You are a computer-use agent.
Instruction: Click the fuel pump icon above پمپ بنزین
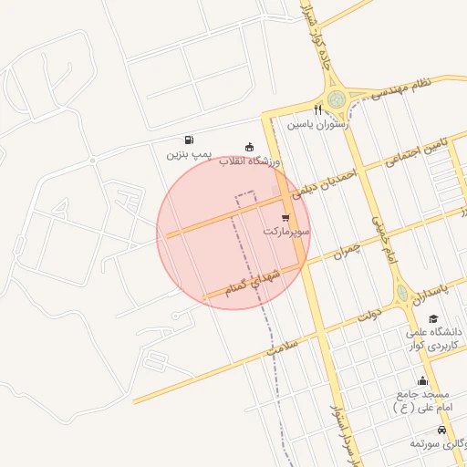[188, 140]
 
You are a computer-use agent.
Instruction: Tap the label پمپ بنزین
[188, 155]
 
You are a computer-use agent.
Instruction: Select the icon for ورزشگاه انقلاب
[249, 147]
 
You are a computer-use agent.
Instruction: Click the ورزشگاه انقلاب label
[249, 161]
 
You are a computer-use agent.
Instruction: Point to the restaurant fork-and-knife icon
[317, 110]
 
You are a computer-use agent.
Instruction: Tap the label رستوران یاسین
[317, 124]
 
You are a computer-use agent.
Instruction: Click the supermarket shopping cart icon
[286, 218]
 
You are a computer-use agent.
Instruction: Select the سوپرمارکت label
[286, 233]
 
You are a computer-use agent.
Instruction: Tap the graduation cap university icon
[432, 318]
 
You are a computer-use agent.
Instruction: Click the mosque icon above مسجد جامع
[421, 380]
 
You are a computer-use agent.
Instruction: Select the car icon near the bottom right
[441, 430]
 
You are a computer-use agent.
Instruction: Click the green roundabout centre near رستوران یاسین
[337, 98]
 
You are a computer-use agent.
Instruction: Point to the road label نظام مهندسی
[395, 89]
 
